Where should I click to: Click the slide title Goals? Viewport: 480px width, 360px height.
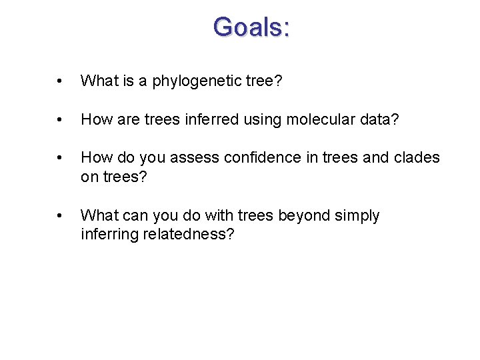click(251, 27)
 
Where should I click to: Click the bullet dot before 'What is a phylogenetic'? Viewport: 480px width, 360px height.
click(60, 82)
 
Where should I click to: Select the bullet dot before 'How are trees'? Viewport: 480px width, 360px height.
click(60, 120)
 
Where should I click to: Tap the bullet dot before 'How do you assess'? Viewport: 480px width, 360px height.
click(60, 158)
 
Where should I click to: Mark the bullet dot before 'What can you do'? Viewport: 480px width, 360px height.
click(60, 216)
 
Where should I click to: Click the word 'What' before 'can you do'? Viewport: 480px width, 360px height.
click(97, 215)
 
